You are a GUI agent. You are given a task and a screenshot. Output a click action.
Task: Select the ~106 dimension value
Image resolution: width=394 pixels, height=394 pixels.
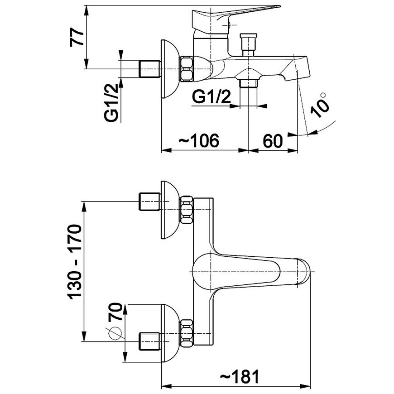pyautogui.click(x=199, y=140)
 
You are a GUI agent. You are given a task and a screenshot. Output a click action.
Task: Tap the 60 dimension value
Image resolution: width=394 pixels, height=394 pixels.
pyautogui.click(x=273, y=140)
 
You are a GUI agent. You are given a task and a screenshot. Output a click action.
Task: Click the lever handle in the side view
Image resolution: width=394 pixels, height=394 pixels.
pyautogui.click(x=235, y=14)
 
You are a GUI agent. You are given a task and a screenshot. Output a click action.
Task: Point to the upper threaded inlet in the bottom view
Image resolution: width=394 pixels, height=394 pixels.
pyautogui.click(x=149, y=201)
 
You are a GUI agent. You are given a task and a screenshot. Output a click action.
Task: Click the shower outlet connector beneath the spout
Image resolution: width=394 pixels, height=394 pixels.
pyautogui.click(x=248, y=83)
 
